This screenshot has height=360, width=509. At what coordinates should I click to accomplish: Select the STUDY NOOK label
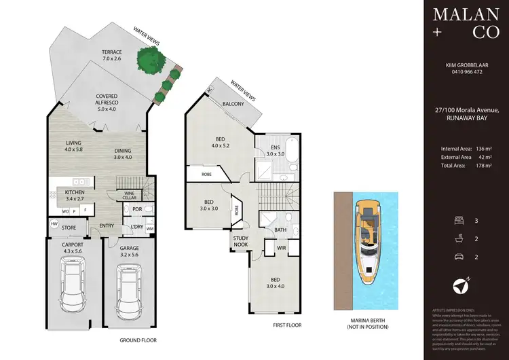coord(241,241)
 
